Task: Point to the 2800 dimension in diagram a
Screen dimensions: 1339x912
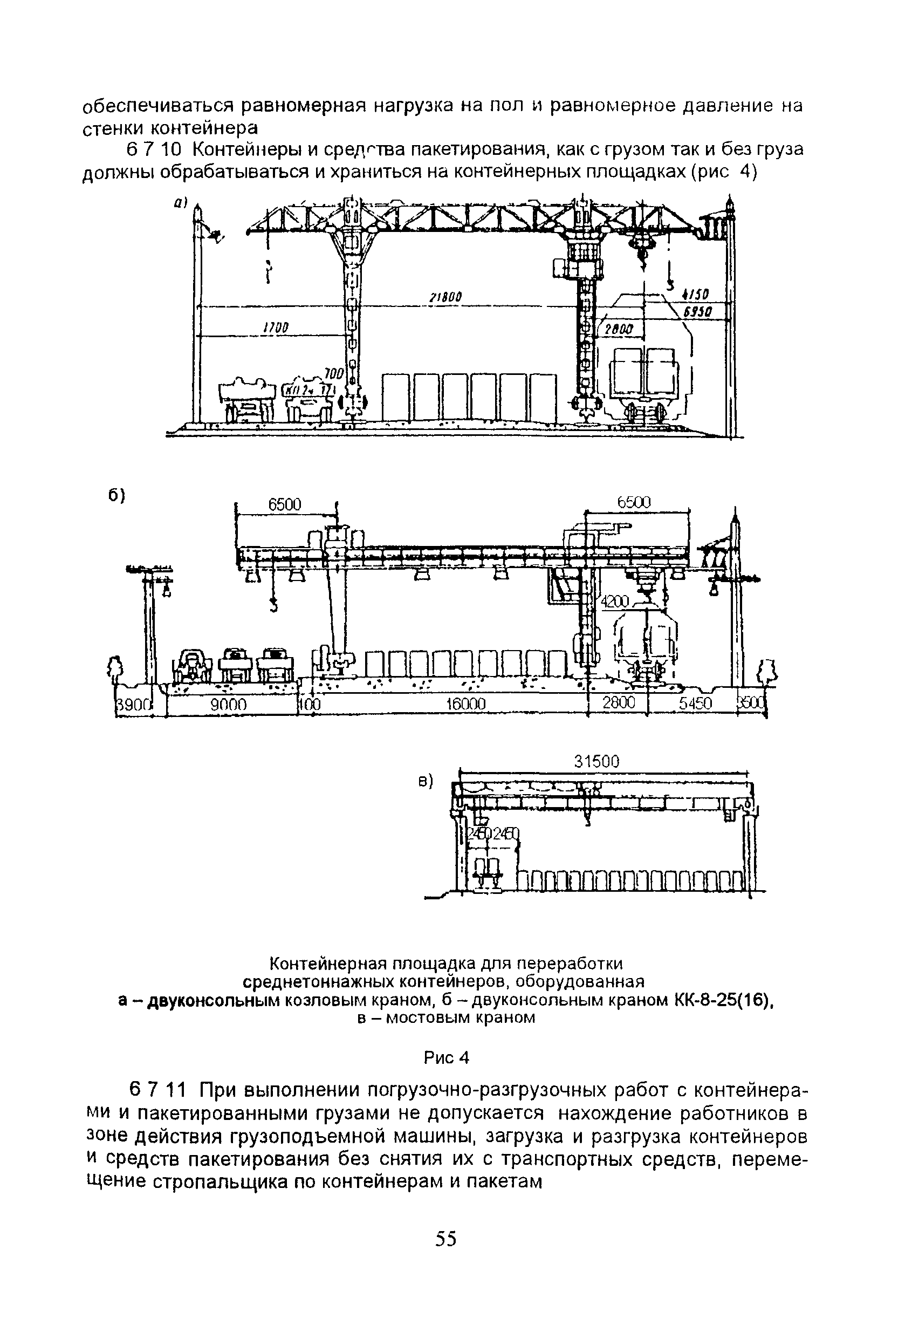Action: pos(618,329)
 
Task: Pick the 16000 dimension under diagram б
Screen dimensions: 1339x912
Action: pos(466,705)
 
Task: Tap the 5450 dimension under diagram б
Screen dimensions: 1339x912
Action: pos(695,705)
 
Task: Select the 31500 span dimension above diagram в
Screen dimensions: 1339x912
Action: pos(596,762)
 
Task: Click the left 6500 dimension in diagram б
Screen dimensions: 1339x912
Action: pos(285,505)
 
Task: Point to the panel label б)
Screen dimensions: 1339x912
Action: pos(117,495)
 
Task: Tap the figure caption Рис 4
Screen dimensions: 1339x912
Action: pos(447,1058)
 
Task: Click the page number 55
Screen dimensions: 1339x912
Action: pos(446,1238)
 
